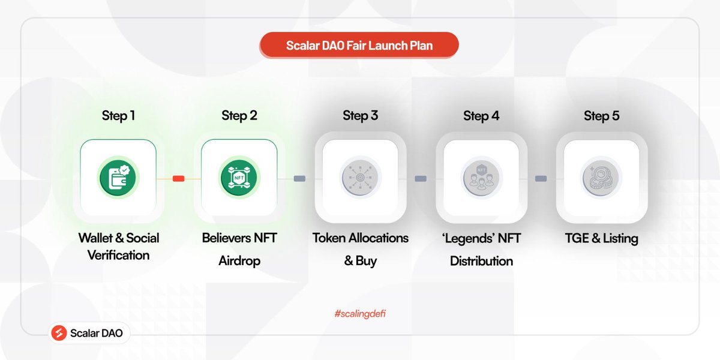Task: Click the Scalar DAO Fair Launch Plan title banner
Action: coord(359,46)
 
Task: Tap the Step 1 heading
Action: coord(118,116)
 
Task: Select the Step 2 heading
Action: coord(239,116)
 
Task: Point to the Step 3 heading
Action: coord(360,116)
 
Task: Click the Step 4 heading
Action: coord(481,116)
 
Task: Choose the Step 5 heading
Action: coord(601,116)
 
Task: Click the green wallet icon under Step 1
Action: coord(118,178)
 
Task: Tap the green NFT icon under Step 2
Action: coord(239,178)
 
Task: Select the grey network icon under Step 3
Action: coord(360,178)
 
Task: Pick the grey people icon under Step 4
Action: coord(481,178)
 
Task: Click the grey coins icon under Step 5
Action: coord(601,178)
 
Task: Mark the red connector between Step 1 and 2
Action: coord(178,178)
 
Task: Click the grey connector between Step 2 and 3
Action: coord(299,178)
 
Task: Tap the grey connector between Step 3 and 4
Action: coord(421,178)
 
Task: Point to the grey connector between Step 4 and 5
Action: coord(541,178)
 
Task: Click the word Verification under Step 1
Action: coord(118,256)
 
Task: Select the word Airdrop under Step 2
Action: coord(239,261)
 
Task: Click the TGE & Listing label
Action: coord(601,238)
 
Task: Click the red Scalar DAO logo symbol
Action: coord(59,333)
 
